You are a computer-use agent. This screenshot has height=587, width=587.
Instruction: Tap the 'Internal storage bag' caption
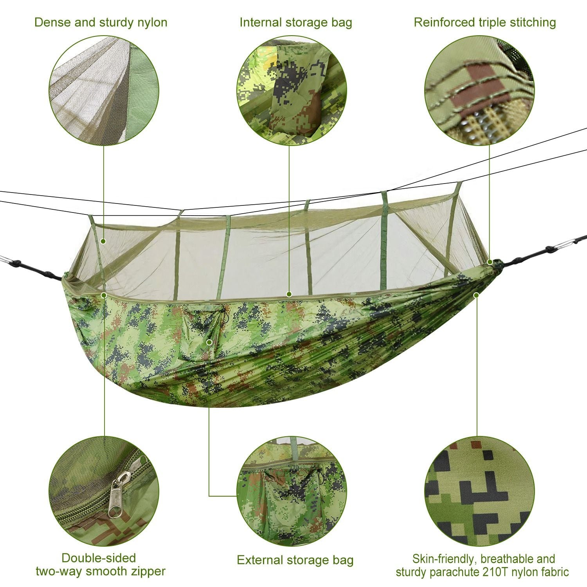coord(295,22)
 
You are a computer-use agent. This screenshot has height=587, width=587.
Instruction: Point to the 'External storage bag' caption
coord(295,560)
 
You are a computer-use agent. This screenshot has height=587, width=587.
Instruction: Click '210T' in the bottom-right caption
coord(496,572)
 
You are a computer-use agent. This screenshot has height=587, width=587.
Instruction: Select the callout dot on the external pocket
coord(209,342)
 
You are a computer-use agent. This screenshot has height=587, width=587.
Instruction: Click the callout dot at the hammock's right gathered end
coord(490,262)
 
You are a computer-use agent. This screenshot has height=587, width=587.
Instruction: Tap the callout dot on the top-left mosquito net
coord(104,241)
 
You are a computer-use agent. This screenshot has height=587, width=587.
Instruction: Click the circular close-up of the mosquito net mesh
coord(104,91)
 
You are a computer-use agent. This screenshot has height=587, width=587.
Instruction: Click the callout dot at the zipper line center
coord(289,294)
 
